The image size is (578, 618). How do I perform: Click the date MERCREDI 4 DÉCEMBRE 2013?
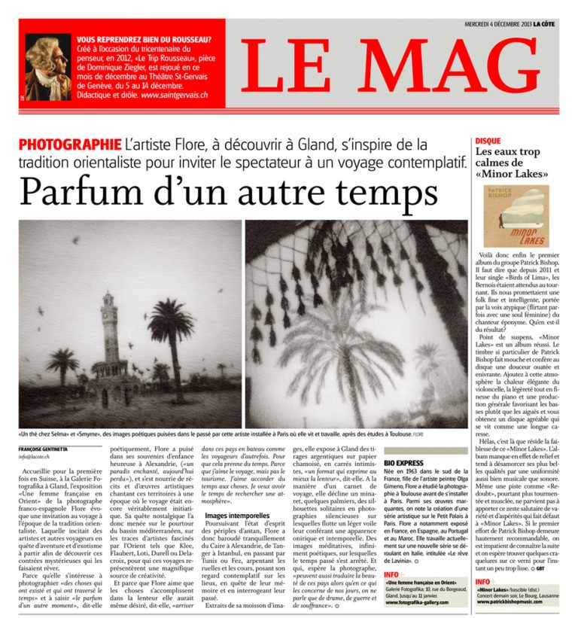[x=504, y=23]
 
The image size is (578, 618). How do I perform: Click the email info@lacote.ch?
[x=37, y=456]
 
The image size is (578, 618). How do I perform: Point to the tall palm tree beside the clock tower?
[x=173, y=331]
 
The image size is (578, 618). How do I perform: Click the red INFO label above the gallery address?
[x=393, y=575]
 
